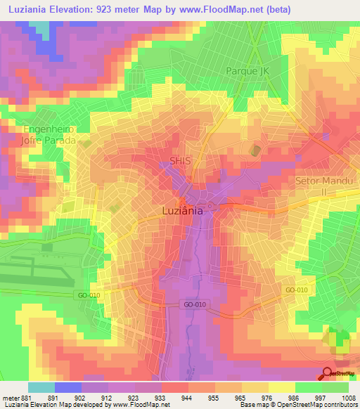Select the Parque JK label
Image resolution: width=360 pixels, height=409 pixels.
coord(247,71)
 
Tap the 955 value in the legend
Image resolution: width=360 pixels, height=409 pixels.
coord(221,397)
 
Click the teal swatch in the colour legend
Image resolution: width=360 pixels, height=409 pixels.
coord(41,387)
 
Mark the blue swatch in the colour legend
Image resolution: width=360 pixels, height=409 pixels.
coord(68,387)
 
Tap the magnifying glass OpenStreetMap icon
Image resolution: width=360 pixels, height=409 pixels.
coord(328,374)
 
